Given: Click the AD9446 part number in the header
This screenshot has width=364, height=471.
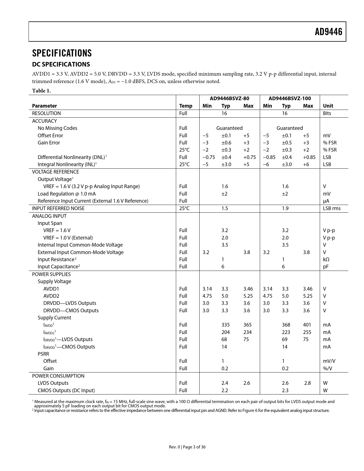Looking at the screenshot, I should pos(328,32).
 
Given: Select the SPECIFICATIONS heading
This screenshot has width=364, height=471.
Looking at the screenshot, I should pos(62,53).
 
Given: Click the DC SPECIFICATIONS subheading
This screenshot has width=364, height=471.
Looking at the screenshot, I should pos(61,64).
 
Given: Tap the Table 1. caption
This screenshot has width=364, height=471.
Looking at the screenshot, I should pos(41,90).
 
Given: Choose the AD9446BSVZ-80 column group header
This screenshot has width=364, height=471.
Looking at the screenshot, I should pos(229,98).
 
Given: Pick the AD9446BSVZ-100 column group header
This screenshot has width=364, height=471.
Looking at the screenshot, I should pos(289,98).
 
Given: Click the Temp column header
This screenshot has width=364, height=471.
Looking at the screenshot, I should pos(186,106).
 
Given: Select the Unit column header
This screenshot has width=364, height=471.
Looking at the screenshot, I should pos(328,106).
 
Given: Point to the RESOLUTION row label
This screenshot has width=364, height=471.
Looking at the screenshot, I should pos(46,113).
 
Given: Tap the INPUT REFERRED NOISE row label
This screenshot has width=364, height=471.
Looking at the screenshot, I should pos(58,208).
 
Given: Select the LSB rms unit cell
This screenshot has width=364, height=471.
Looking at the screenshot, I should pos(331,208).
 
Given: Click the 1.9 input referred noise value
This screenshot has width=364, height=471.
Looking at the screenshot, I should pos(285,208).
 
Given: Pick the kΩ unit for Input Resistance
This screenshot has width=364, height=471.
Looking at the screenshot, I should pos(326,259).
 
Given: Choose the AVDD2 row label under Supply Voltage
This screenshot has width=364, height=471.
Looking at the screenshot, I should pos(51,296).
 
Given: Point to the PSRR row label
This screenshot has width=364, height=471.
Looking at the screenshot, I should pos(43,354).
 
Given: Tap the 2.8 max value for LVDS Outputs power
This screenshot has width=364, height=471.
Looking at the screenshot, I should pos(307,383).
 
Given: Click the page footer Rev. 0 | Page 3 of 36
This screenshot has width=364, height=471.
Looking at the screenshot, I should pos(187,447).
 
